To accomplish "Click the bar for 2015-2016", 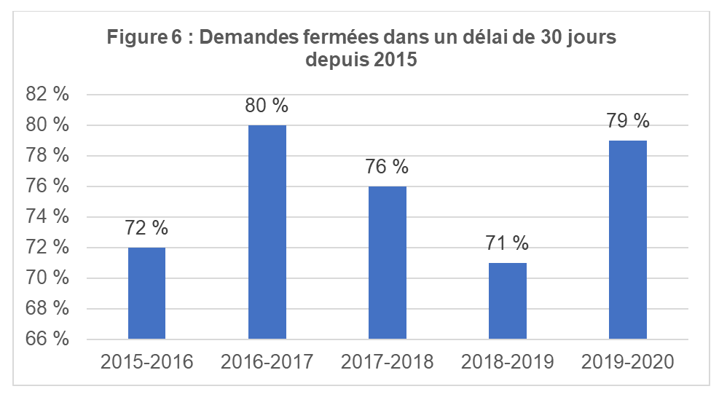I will [x=146, y=293].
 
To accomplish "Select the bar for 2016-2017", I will [x=267, y=232].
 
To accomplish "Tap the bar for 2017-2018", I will [x=387, y=262].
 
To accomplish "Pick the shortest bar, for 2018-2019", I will [x=507, y=300].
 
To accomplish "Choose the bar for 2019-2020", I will [x=627, y=240].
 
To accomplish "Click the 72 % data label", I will [x=146, y=228].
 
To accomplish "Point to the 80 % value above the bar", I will [x=267, y=106].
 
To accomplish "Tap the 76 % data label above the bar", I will [x=387, y=167].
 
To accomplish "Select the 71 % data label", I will [x=507, y=243].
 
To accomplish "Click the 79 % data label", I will [x=627, y=121].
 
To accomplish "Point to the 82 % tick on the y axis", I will [x=47, y=95].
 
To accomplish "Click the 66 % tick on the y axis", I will [x=47, y=339].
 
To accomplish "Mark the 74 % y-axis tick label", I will [x=47, y=217].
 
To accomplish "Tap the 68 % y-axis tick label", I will [x=47, y=309].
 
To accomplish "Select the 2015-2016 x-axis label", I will [x=146, y=362].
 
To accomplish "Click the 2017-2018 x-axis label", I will [x=387, y=362].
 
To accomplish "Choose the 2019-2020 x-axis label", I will [x=627, y=362].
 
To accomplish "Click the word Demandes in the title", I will [x=245, y=37].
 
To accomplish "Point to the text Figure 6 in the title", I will [x=144, y=37].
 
